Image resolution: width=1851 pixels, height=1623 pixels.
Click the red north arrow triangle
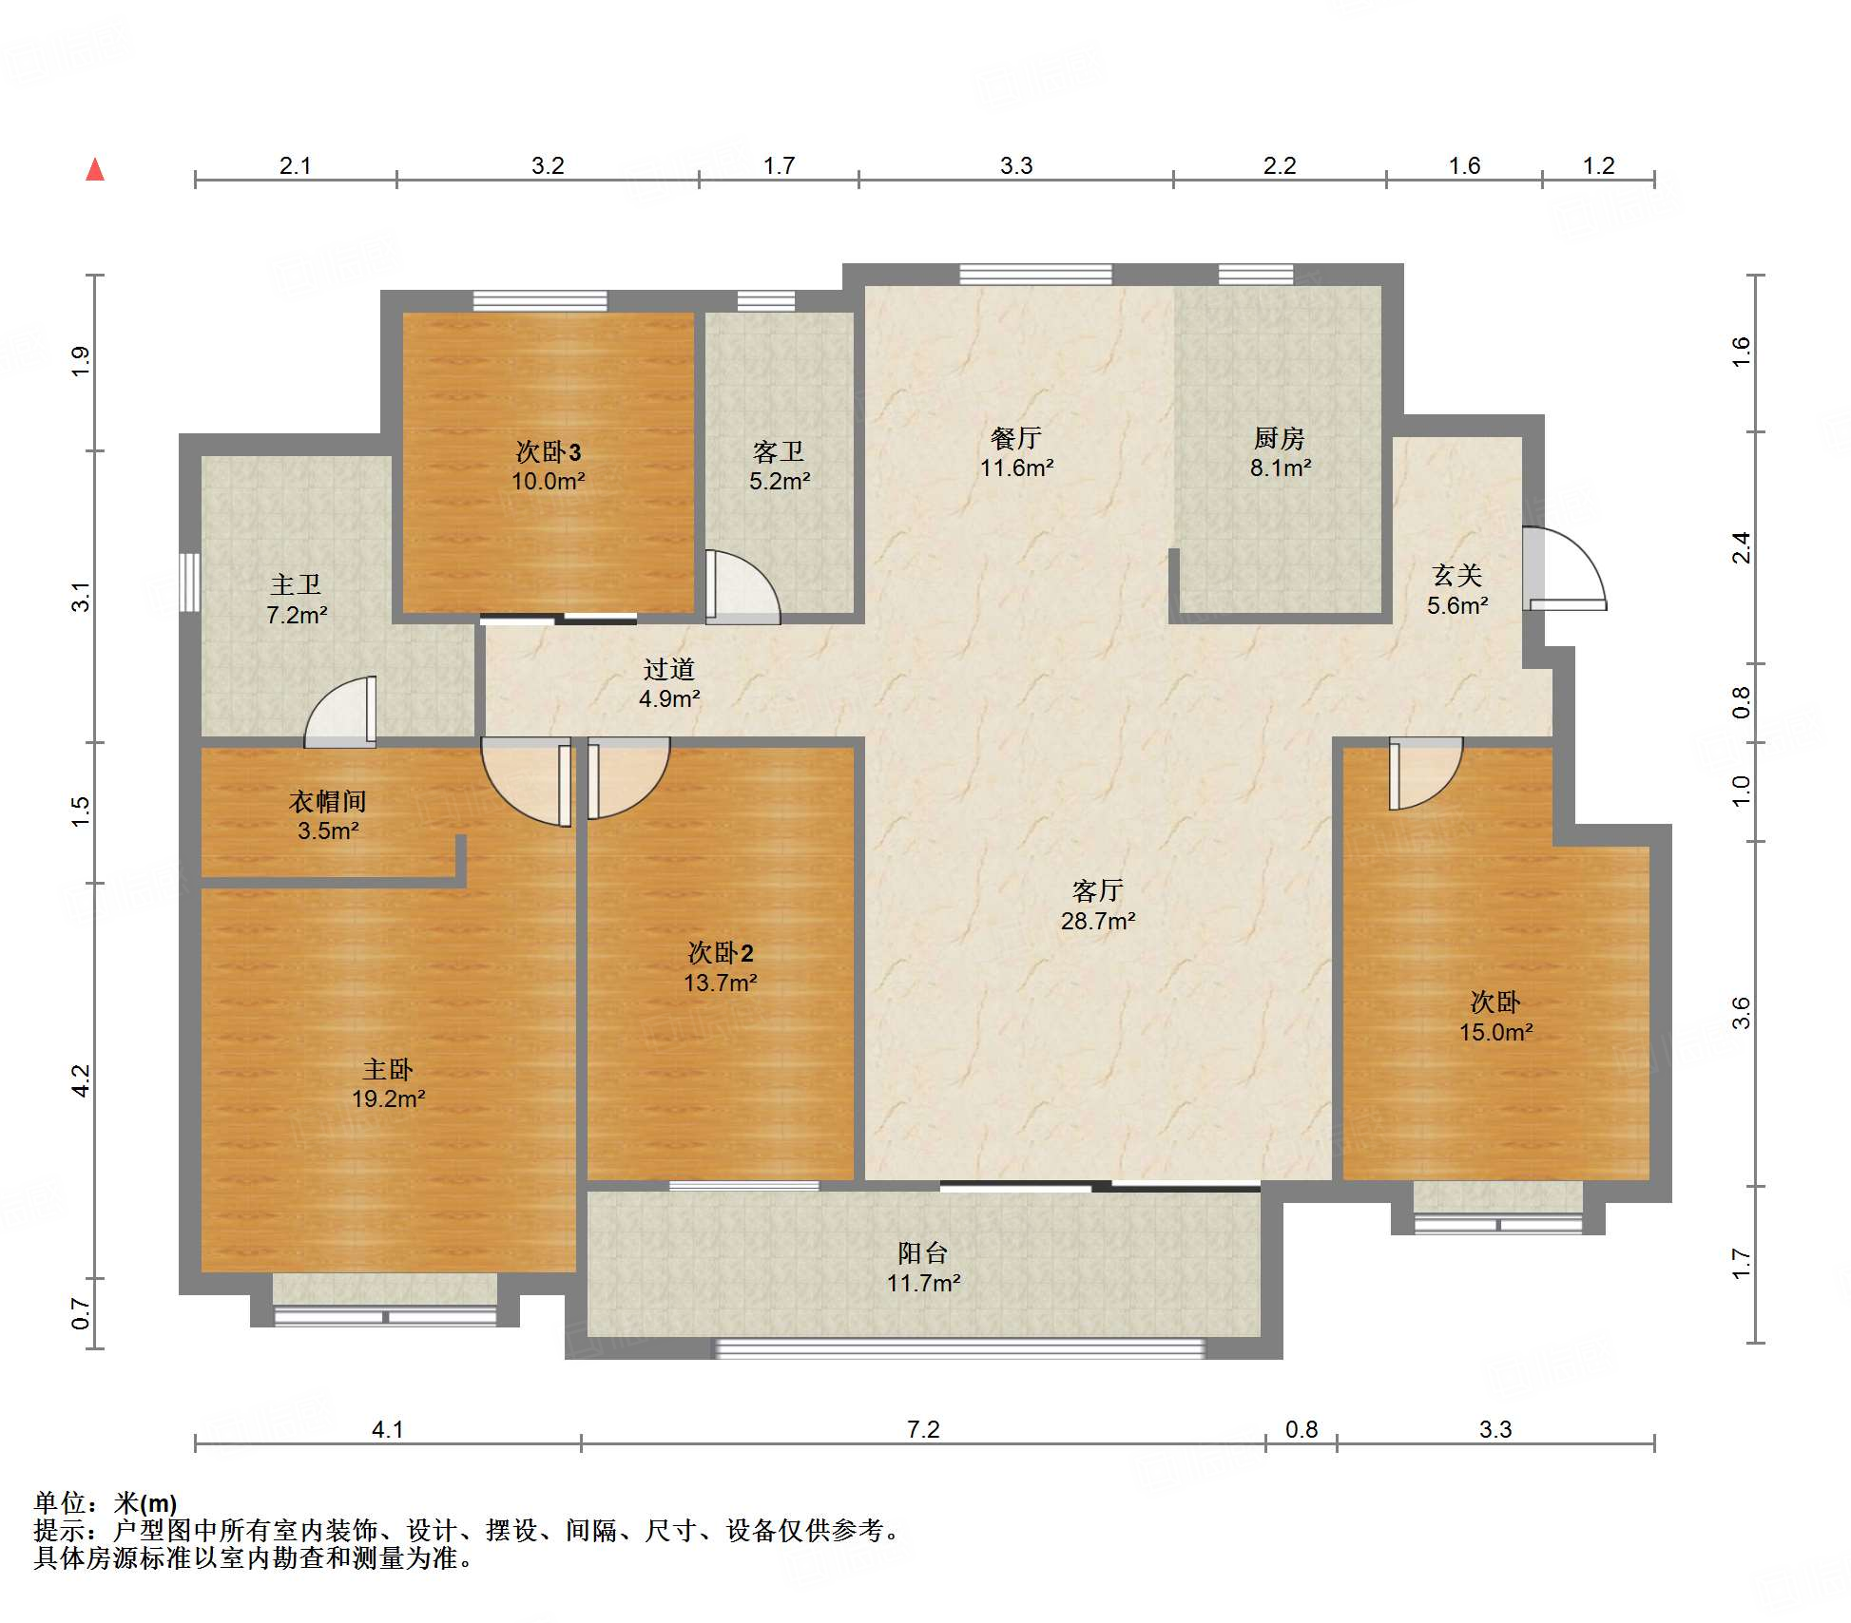pos(95,170)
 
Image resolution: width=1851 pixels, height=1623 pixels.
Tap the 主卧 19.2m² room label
pos(388,1084)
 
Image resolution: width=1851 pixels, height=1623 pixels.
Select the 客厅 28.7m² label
pos(1098,906)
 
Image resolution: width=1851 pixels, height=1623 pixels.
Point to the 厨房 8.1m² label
pos(1280,452)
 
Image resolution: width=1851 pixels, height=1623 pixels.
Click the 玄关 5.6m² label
pos(1457,589)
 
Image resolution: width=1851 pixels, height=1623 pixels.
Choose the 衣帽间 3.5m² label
pos(328,815)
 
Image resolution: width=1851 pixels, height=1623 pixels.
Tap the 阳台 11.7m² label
pos(923,1268)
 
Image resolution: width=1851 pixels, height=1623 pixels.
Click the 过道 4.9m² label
pos(669,683)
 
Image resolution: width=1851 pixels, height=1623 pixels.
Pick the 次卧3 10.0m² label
pos(549,466)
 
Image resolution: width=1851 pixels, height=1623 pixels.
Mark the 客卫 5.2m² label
pos(780,466)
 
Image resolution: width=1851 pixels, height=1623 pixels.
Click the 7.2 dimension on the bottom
pos(923,1429)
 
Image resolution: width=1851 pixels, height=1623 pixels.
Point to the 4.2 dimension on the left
pos(81,1080)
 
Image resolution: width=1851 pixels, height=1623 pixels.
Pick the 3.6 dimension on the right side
pos(1741,1013)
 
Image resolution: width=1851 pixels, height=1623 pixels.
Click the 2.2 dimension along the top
pos(1280,165)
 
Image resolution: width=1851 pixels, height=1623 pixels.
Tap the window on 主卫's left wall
pos(190,582)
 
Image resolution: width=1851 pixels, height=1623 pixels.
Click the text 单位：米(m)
pos(106,1502)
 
